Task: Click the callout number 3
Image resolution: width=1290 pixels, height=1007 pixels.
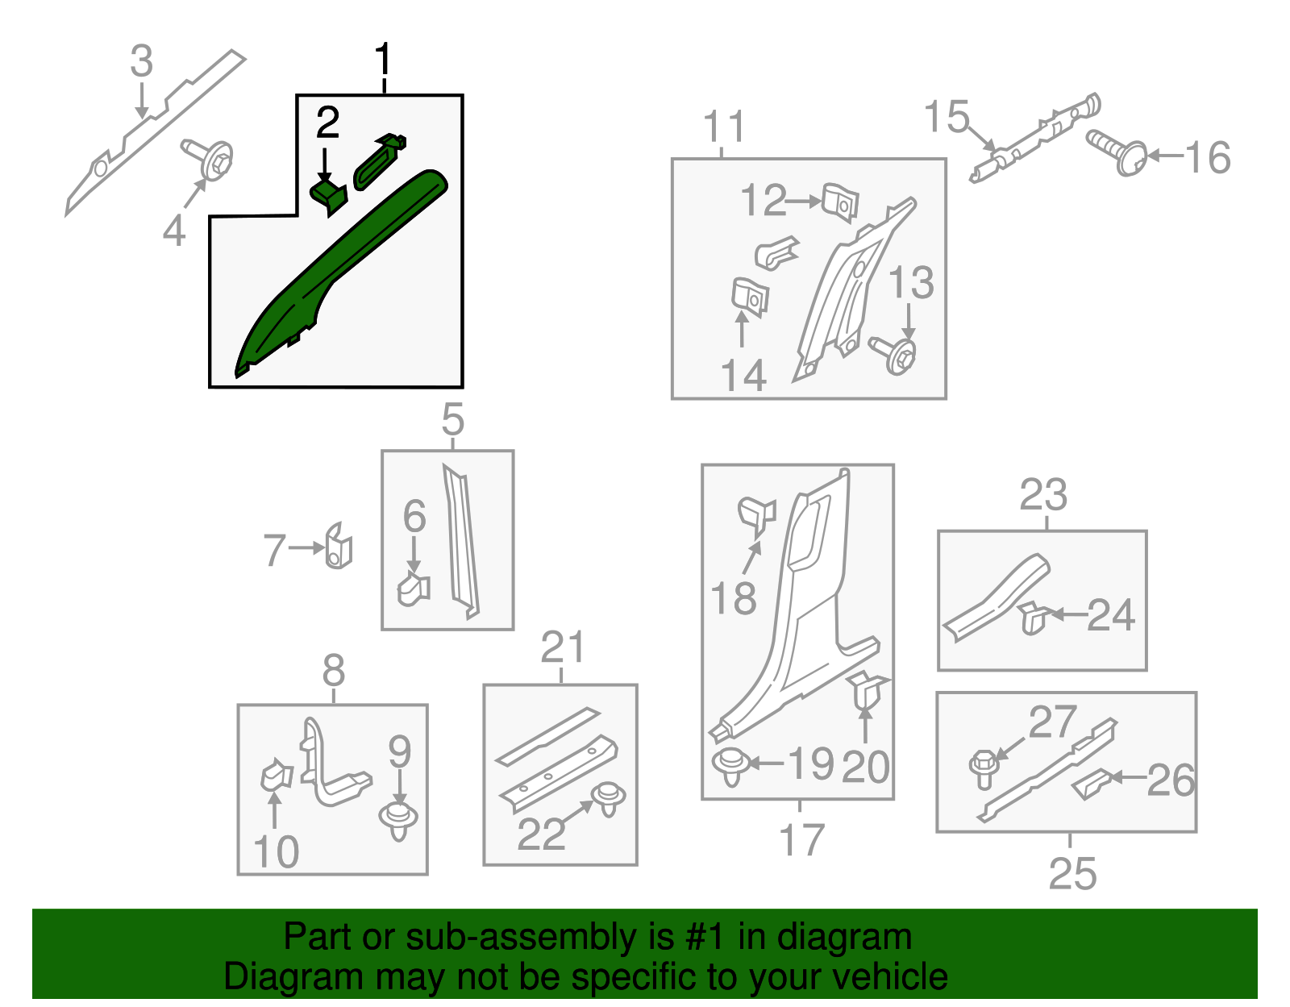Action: [142, 61]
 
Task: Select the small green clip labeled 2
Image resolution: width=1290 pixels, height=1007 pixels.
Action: [328, 198]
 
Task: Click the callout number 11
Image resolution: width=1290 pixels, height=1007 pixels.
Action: [724, 127]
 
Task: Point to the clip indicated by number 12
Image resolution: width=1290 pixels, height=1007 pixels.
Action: [840, 203]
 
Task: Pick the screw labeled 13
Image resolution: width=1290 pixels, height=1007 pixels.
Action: [893, 354]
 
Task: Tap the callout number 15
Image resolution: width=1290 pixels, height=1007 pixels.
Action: [947, 116]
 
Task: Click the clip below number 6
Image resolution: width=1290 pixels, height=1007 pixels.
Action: [414, 589]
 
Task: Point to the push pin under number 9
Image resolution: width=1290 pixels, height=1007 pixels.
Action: [398, 821]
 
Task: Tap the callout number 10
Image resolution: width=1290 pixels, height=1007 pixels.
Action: [276, 852]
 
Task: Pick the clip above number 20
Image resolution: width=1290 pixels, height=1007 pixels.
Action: [868, 689]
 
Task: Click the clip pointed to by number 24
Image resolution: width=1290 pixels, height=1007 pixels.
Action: [1033, 618]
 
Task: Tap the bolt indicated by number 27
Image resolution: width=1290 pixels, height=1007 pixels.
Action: [984, 769]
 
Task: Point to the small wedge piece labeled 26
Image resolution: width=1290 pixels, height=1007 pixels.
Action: [1091, 784]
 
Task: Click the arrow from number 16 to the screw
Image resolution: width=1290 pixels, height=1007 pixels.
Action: [1166, 156]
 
